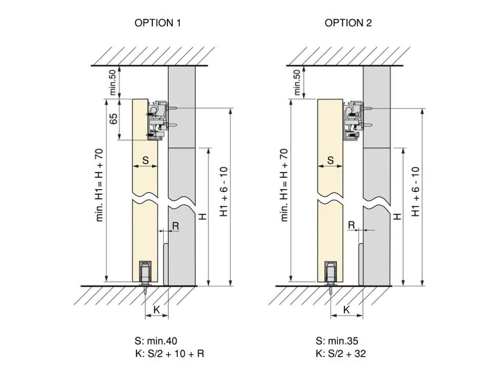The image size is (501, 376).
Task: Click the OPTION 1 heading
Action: click(158, 23)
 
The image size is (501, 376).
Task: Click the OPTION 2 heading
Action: click(348, 23)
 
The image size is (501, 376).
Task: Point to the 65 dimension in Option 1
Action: click(114, 119)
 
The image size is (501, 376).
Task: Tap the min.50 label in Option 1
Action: click(113, 83)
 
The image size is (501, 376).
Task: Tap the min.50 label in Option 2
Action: click(297, 83)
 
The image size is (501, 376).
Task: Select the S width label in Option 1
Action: click(145, 160)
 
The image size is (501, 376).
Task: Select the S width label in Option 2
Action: click(331, 160)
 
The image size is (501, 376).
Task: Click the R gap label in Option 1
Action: click(176, 226)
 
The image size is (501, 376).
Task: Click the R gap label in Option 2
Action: click(351, 225)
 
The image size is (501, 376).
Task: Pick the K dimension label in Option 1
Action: click(156, 309)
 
